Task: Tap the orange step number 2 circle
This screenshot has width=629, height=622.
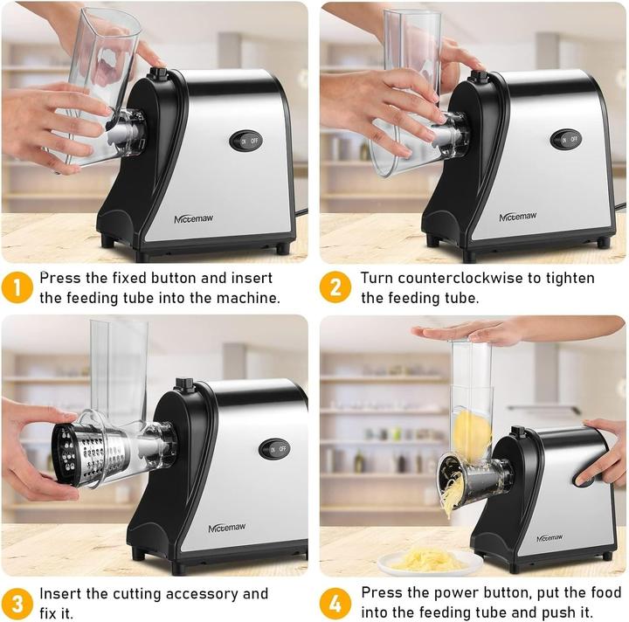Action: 335,287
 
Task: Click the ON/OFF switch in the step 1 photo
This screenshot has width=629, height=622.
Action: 245,140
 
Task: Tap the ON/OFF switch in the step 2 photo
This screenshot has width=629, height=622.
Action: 566,139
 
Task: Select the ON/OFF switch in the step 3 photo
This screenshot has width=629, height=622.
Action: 275,449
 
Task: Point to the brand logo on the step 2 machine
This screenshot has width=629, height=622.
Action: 518,216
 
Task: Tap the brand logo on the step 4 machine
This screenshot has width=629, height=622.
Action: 550,538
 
